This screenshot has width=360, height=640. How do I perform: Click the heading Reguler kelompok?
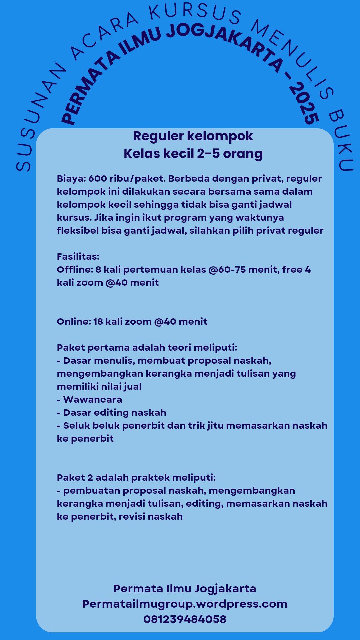pyautogui.click(x=193, y=136)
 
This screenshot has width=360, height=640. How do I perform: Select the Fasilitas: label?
pyautogui.click(x=78, y=257)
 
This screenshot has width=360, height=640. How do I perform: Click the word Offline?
pyautogui.click(x=75, y=270)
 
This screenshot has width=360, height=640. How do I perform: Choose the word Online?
pyautogui.click(x=74, y=322)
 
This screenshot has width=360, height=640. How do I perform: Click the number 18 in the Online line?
pyautogui.click(x=98, y=322)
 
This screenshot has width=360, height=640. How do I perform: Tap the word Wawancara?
pyautogui.click(x=92, y=400)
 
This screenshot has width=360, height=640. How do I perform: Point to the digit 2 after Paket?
pyautogui.click(x=90, y=478)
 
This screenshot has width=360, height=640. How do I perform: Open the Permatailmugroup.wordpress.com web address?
pyautogui.click(x=185, y=604)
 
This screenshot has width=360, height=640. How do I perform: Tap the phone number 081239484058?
pyautogui.click(x=185, y=619)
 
